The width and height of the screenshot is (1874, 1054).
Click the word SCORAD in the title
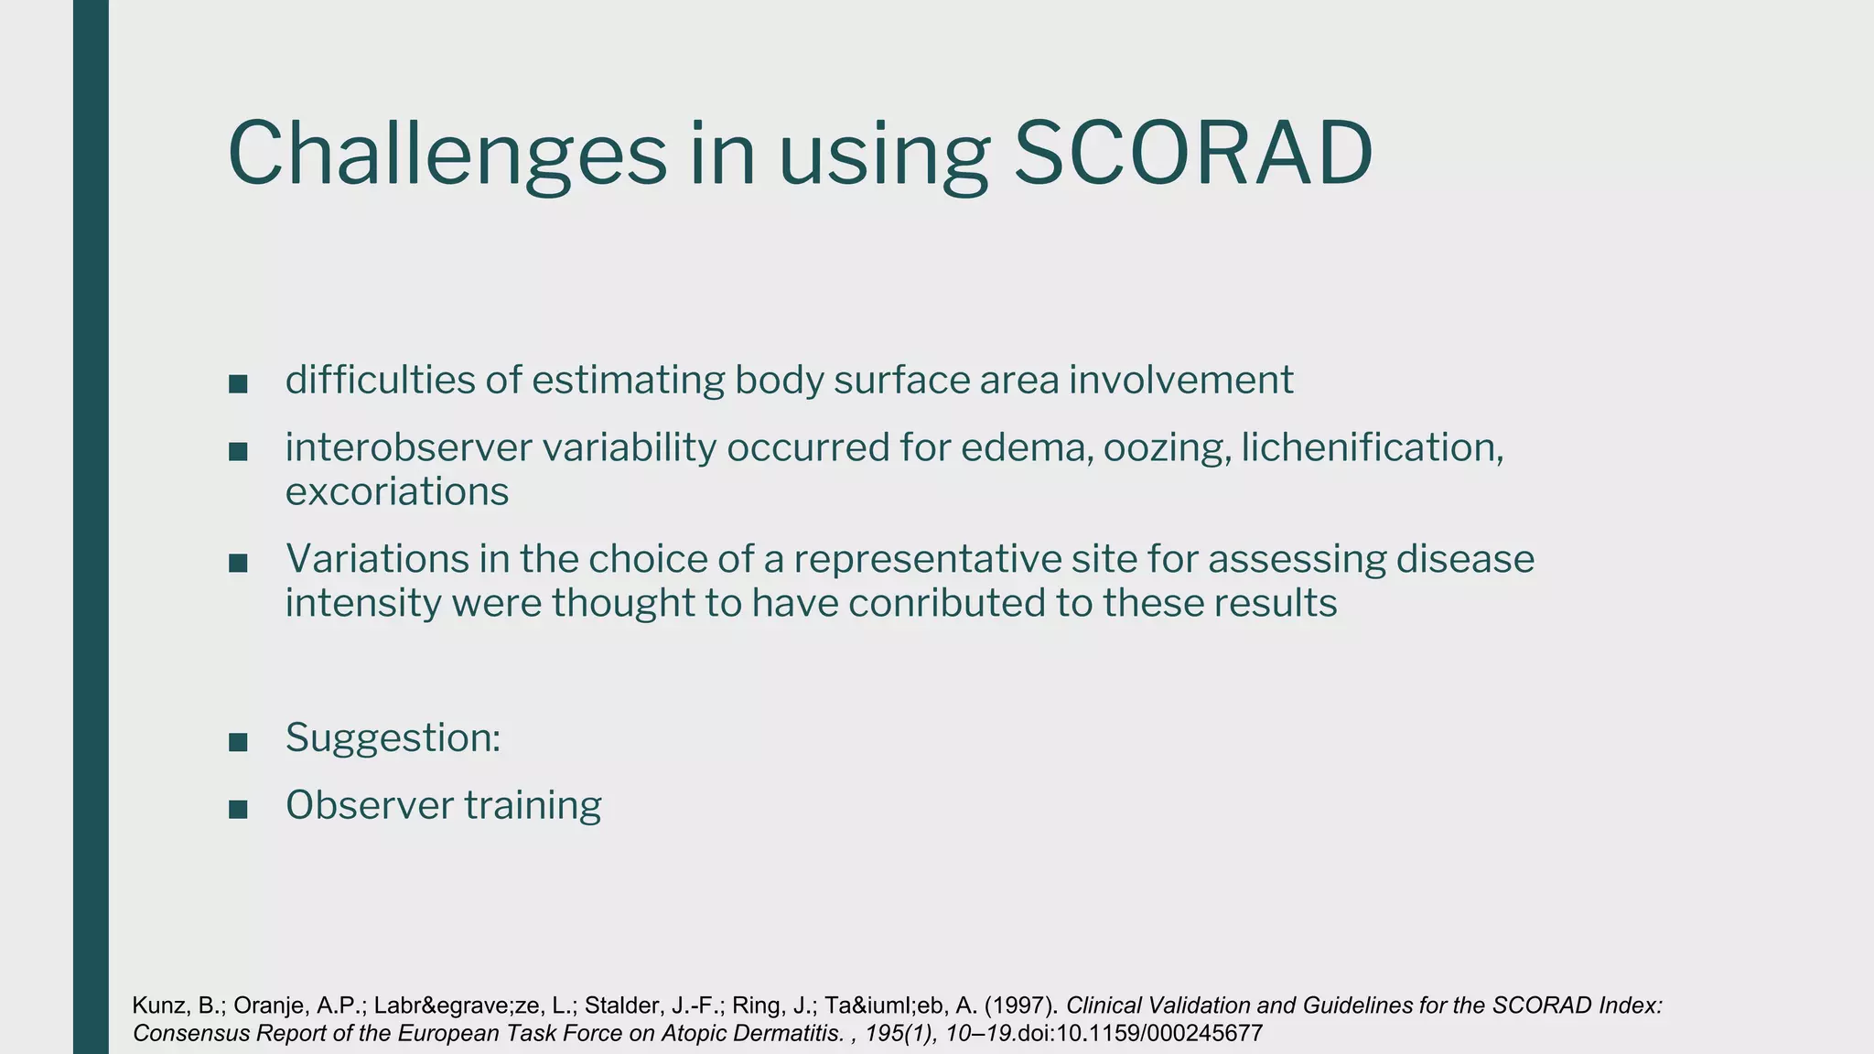coord(1193,154)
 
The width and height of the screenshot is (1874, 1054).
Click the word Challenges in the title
coord(447,154)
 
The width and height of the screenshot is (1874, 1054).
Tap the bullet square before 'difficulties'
coord(238,384)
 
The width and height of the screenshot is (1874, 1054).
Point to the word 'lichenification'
coord(1371,447)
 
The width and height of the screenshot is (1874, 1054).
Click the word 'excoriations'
coord(396,492)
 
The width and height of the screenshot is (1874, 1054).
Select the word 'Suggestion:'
coord(393,737)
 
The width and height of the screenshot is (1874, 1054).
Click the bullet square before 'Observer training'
coord(238,810)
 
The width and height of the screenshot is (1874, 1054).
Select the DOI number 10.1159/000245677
coord(1159,1034)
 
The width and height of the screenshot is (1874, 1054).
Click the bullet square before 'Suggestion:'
coord(238,742)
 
